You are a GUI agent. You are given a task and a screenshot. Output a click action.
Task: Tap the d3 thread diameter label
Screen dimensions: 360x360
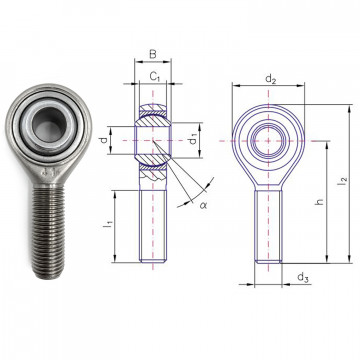pos(301,277)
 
